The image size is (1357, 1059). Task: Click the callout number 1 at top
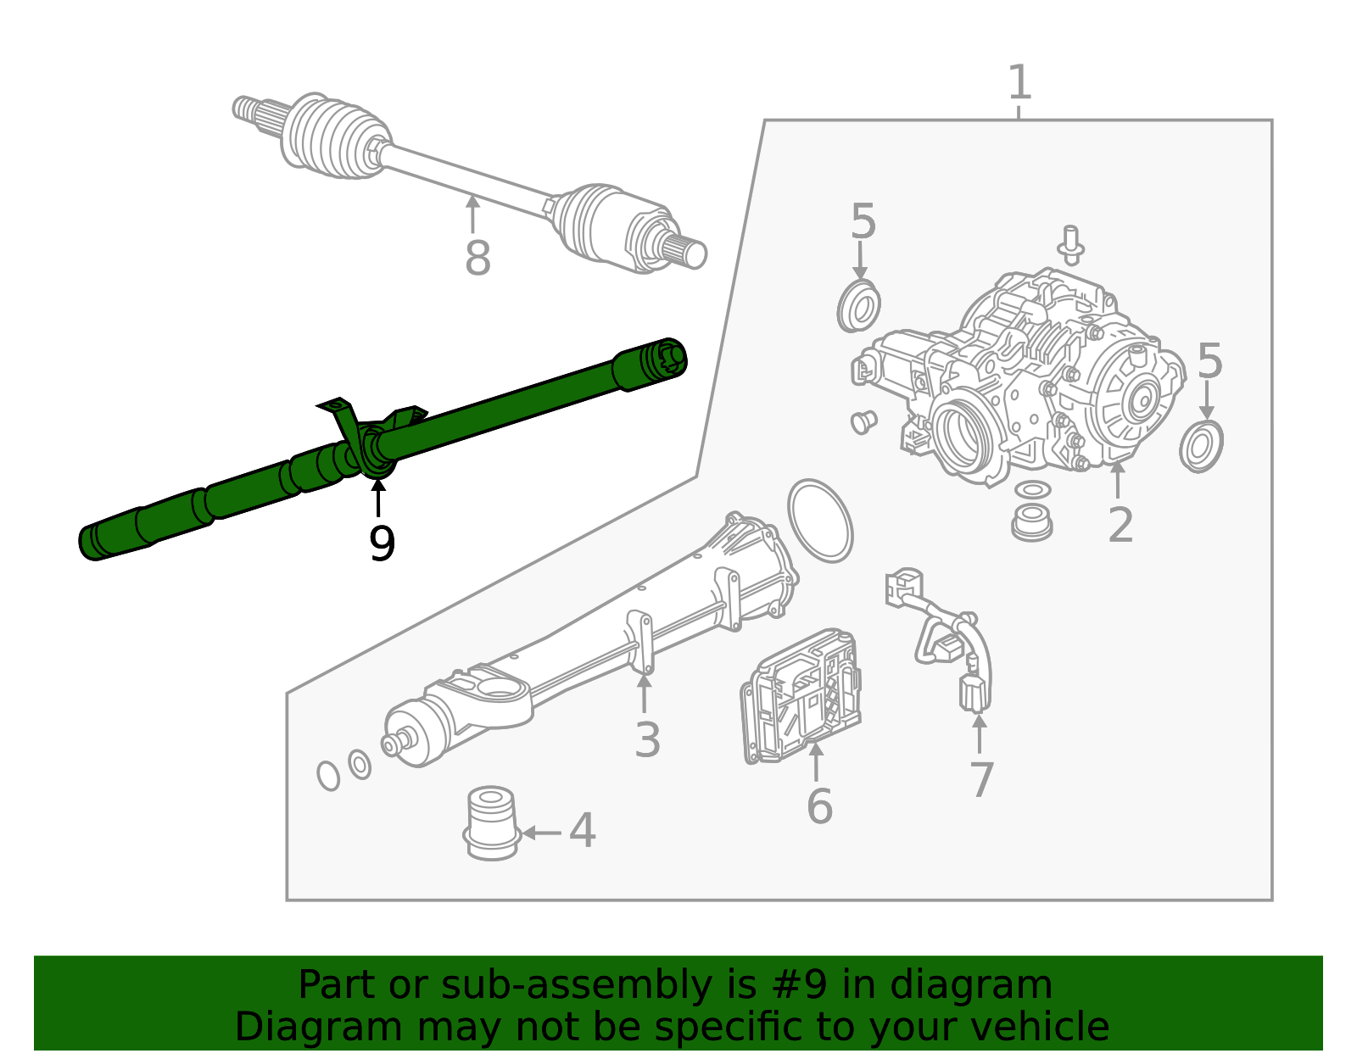click(x=1019, y=83)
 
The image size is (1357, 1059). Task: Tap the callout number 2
click(x=1120, y=526)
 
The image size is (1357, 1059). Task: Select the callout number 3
click(x=647, y=740)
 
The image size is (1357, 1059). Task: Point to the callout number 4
click(x=583, y=831)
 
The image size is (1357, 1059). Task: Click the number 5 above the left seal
click(x=863, y=222)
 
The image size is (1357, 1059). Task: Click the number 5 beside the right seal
click(x=1209, y=361)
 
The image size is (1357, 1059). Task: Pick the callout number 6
click(x=819, y=805)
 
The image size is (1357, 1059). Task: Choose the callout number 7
click(x=981, y=780)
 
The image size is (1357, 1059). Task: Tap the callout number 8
click(x=477, y=258)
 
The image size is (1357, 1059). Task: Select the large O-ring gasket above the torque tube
click(x=819, y=521)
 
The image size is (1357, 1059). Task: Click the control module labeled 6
click(x=801, y=695)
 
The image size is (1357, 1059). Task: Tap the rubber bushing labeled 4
click(x=491, y=822)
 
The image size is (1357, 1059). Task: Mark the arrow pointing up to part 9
click(x=378, y=496)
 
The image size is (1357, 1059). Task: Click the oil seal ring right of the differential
click(x=1201, y=446)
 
